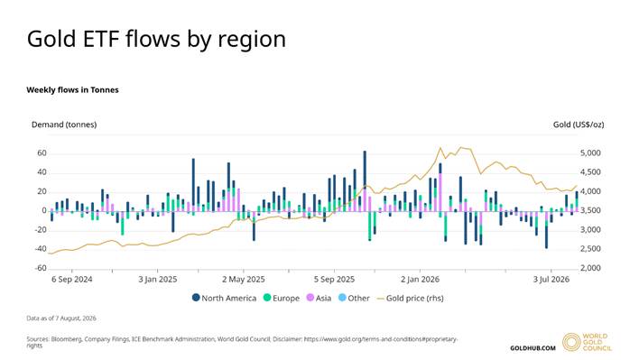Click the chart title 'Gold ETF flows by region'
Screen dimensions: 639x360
click(x=156, y=40)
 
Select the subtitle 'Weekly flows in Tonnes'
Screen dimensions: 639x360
click(x=72, y=90)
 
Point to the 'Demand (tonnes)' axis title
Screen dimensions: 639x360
click(x=64, y=125)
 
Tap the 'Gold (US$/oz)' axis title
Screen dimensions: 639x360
click(x=579, y=125)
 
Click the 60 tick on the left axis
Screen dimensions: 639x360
click(x=42, y=153)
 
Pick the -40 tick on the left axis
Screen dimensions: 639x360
click(x=41, y=249)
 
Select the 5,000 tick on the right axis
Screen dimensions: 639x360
click(x=590, y=153)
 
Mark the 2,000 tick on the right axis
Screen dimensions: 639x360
click(x=590, y=268)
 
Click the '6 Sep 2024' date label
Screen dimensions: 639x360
click(x=71, y=280)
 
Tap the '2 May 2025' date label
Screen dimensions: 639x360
click(x=244, y=280)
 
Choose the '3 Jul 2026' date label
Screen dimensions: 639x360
click(x=551, y=280)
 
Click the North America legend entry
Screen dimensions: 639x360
click(x=224, y=298)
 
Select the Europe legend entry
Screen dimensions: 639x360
click(x=282, y=298)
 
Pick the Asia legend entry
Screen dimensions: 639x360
click(x=319, y=298)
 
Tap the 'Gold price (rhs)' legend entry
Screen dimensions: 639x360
click(x=410, y=298)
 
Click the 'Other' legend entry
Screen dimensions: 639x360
click(x=354, y=298)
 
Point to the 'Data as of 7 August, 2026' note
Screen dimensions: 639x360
click(x=61, y=318)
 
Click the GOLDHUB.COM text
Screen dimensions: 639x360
click(x=532, y=348)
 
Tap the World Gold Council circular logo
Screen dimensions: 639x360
click(x=571, y=342)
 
